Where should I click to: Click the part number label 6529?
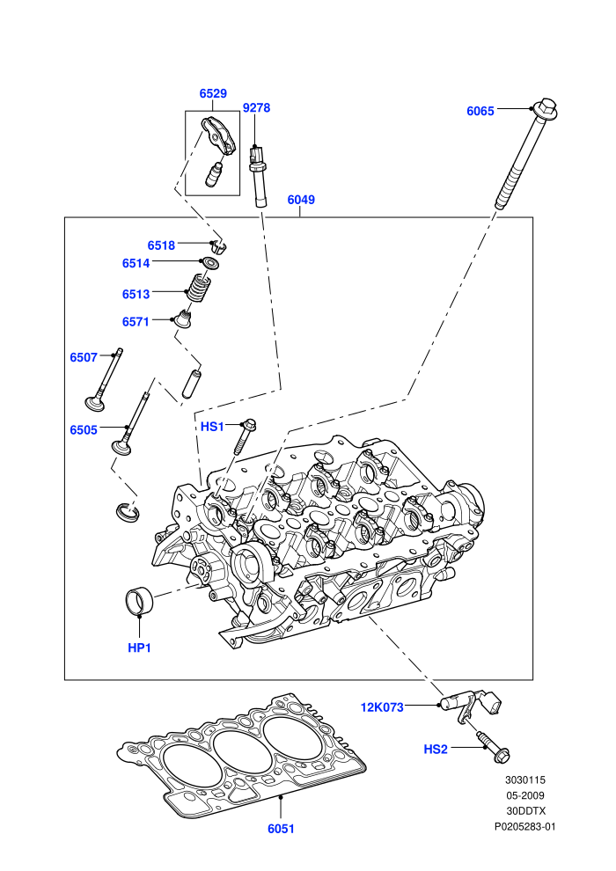213,93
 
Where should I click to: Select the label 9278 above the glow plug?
256,107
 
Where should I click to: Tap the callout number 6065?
480,111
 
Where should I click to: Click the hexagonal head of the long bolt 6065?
546,109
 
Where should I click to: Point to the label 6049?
301,200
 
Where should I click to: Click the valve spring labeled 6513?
198,288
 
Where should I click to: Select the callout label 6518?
161,245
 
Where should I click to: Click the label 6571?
136,322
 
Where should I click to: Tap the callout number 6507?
84,358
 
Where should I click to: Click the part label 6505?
84,430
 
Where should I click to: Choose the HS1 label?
212,427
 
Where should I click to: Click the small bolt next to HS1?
245,436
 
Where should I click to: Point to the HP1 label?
139,648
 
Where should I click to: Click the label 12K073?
382,707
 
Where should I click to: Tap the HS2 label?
436,750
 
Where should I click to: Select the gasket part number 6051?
281,829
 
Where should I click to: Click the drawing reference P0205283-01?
524,826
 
